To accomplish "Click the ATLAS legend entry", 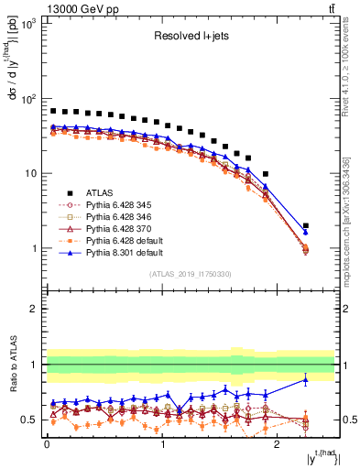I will (99, 192).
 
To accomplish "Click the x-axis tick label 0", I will (47, 451).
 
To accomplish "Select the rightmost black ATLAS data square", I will (306, 225).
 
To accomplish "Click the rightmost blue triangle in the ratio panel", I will (306, 379).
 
